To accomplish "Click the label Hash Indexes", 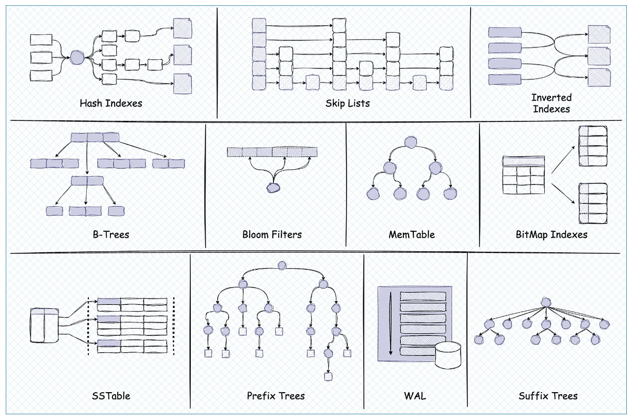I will click(x=111, y=103).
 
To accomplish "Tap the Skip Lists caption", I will click(x=348, y=103).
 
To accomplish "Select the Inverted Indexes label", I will click(x=551, y=103).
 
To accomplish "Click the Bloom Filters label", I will click(x=272, y=234).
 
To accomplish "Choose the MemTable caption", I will click(x=412, y=234).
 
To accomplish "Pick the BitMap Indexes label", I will click(x=551, y=234).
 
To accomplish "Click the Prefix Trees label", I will click(x=276, y=395).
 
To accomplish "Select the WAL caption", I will click(x=415, y=395).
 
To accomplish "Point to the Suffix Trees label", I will click(x=548, y=395).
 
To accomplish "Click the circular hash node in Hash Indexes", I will click(x=77, y=57).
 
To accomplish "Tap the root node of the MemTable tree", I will click(x=411, y=142).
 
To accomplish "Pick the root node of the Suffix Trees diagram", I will click(x=545, y=302).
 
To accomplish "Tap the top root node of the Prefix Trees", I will click(x=282, y=265).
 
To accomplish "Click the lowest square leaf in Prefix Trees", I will click(x=328, y=376).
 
